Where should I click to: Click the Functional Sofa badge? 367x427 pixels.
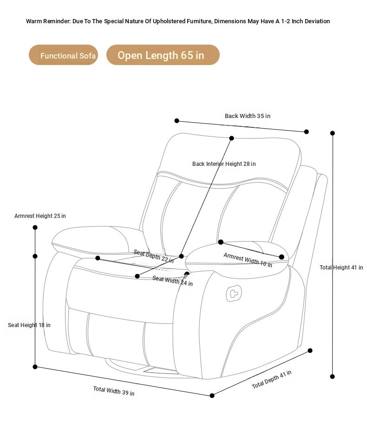pos(64,55)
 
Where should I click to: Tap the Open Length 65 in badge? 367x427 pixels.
pos(163,55)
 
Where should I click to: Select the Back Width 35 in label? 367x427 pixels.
pos(248,116)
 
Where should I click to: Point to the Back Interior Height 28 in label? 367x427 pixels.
pos(224,164)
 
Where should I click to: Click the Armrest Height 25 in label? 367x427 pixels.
pos(40,216)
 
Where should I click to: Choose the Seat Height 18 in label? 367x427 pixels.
pos(29,325)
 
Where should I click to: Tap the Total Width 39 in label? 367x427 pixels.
pos(114,391)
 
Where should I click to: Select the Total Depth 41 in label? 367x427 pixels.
pos(271,379)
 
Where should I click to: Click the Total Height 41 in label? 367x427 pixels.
pos(341,268)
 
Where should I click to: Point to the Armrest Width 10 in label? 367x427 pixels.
pos(248,260)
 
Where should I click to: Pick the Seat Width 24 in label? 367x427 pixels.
pos(173,281)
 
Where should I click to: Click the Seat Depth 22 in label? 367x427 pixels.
pos(154,256)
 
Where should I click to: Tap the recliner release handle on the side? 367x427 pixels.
pos(234,294)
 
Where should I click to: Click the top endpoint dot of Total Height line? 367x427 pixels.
pos(333,133)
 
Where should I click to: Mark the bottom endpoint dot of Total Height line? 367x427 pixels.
pos(333,377)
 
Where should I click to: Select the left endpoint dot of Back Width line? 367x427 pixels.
pos(177,121)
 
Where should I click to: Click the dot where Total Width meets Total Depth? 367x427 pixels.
pos(212,395)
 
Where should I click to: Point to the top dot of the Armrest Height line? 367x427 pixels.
pos(35,227)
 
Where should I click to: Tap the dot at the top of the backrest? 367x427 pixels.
pos(231,138)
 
